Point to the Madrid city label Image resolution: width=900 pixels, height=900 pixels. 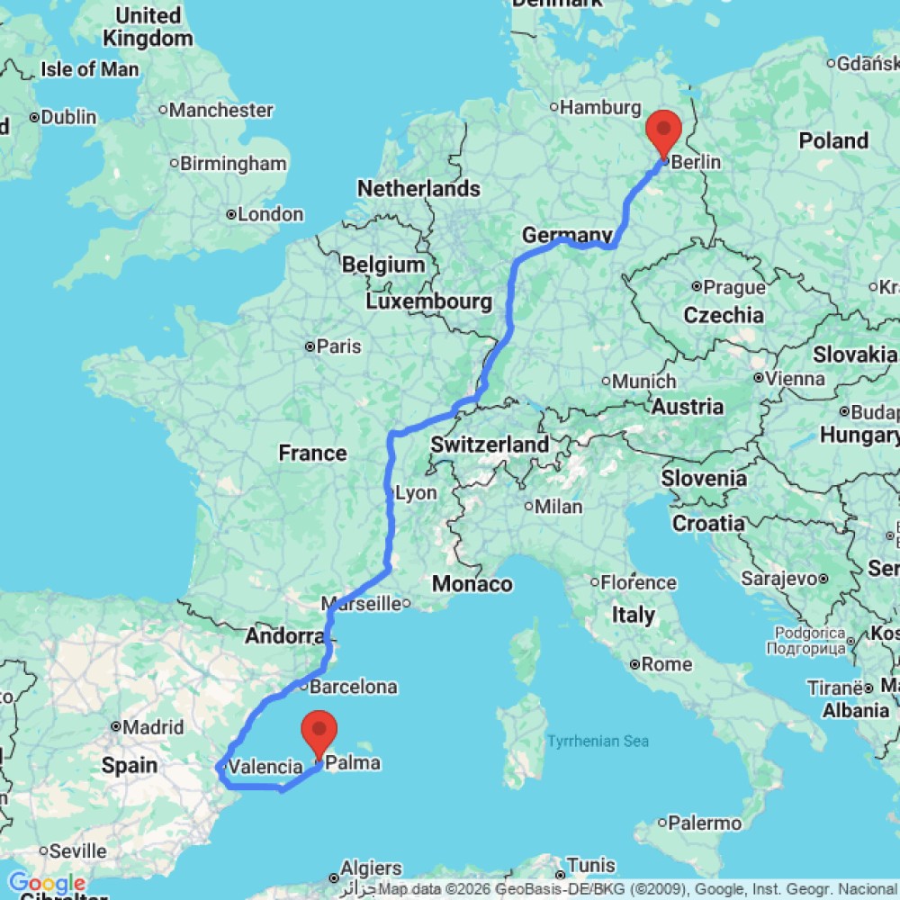point(154,727)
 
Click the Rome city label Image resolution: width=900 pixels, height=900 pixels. point(667,665)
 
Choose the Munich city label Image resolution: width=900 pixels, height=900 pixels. point(643,382)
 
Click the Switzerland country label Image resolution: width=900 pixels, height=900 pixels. point(490,444)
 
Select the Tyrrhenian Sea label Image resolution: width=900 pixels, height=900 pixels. point(598,742)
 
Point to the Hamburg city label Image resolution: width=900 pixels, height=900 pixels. point(600,108)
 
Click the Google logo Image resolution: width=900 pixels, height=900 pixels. point(46,884)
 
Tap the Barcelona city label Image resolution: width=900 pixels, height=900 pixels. point(352,688)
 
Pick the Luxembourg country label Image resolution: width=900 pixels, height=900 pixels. point(428,301)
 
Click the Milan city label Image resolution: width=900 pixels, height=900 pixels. point(557,507)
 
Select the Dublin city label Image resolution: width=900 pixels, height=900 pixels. point(67,117)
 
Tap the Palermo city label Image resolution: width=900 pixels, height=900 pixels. point(705,823)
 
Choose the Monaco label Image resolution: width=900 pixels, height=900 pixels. point(472,584)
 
